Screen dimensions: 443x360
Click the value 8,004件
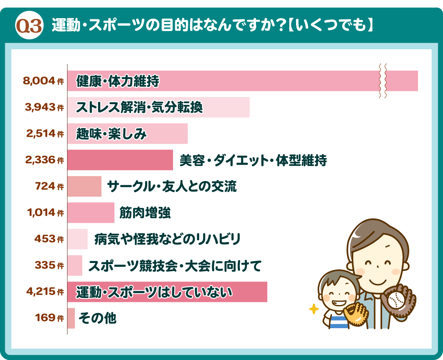pyautogui.click(x=44, y=81)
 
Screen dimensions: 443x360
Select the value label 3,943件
pyautogui.click(x=44, y=107)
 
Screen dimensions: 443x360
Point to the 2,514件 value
pyautogui.click(x=45, y=133)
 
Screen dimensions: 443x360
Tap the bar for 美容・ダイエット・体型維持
pyautogui.click(x=120, y=160)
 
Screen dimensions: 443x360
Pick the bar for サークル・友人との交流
pyautogui.click(x=84, y=186)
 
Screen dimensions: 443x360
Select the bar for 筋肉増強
pyautogui.click(x=91, y=213)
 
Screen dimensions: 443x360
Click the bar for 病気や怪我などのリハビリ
pyautogui.click(x=77, y=239)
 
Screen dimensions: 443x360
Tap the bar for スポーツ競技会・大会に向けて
pyautogui.click(x=75, y=265)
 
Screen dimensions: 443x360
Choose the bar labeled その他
pyautogui.click(x=71, y=318)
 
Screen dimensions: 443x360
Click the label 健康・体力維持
pyautogui.click(x=118, y=81)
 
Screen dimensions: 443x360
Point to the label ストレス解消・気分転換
pyautogui.click(x=139, y=108)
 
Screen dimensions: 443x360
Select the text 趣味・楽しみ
pyautogui.click(x=111, y=134)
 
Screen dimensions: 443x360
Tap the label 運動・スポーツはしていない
pyautogui.click(x=154, y=292)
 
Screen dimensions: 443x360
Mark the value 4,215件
pyautogui.click(x=45, y=291)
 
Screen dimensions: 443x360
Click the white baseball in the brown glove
pyautogui.click(x=396, y=301)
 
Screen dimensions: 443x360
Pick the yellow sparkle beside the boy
pyautogui.click(x=314, y=309)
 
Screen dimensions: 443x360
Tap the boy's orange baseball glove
pyautogui.click(x=356, y=314)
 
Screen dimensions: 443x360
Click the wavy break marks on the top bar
pyautogui.click(x=382, y=81)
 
